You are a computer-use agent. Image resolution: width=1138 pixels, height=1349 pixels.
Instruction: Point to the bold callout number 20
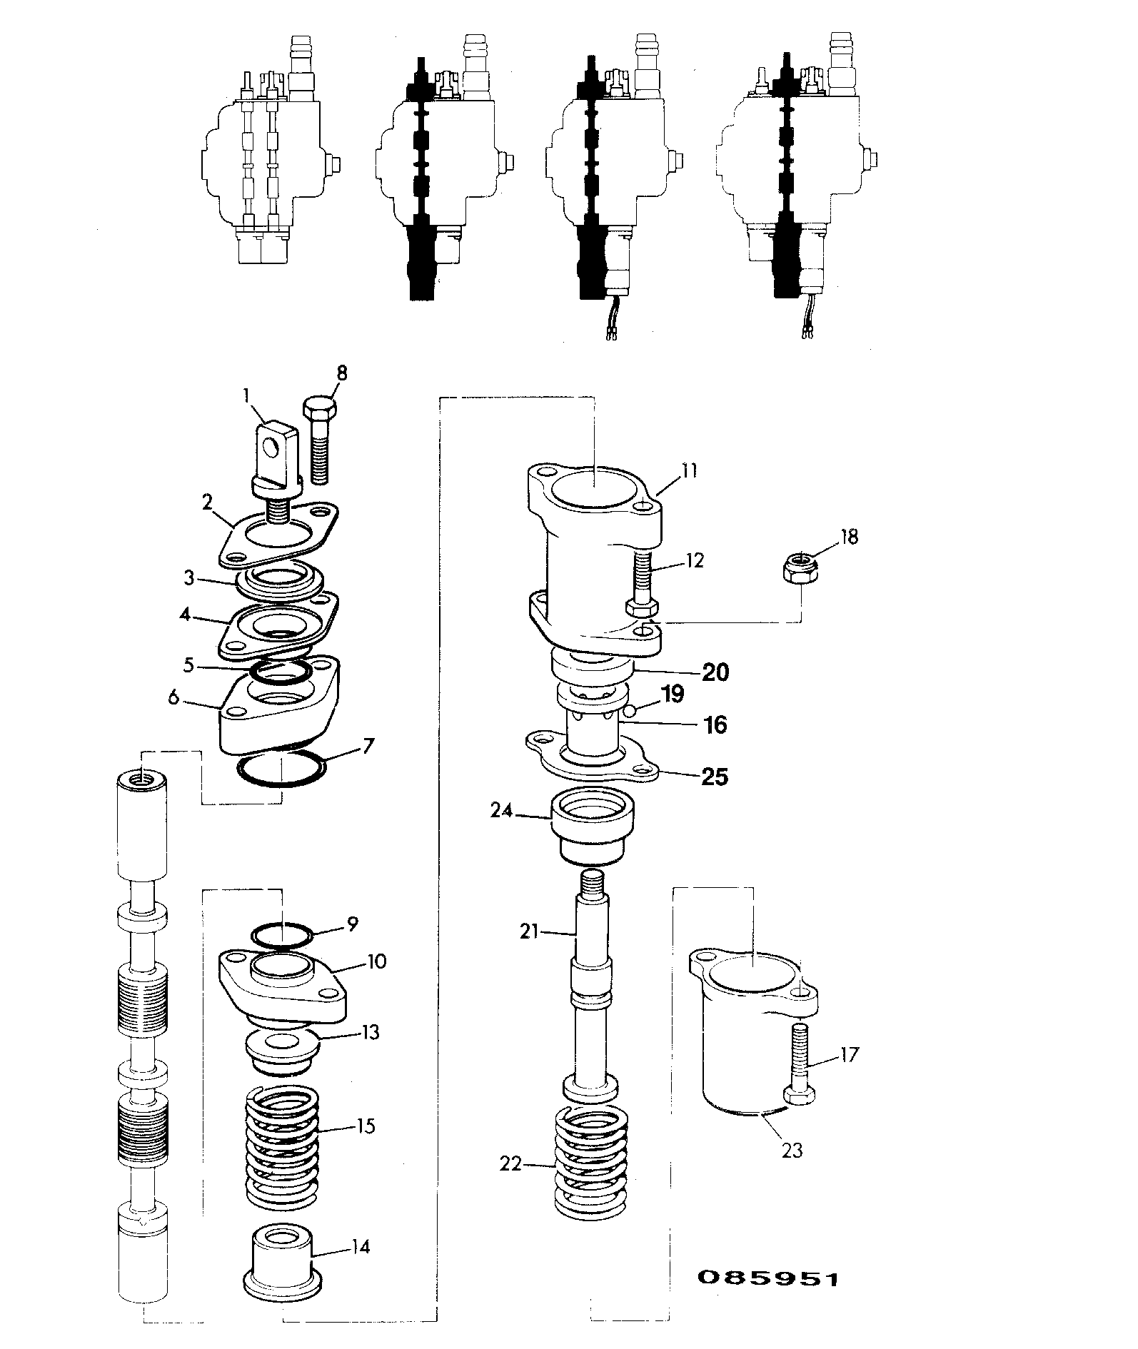coord(715,672)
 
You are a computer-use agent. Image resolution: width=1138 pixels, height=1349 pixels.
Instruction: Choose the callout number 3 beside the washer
coord(188,578)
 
